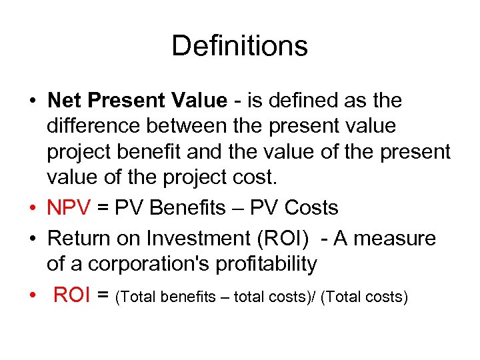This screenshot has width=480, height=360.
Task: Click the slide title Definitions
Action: tap(239, 46)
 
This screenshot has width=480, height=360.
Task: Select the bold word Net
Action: tap(63, 101)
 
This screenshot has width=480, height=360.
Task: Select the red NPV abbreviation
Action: tap(68, 208)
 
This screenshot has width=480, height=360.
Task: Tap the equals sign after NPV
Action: tap(103, 208)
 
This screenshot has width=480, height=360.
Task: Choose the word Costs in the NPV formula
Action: tap(311, 208)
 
